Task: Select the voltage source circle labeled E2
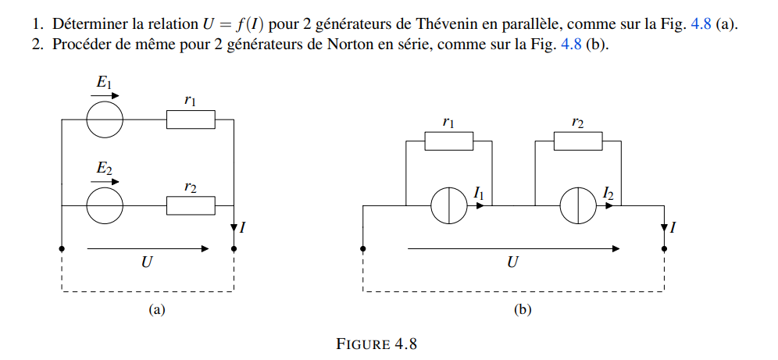tap(104, 205)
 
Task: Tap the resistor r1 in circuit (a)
tap(191, 119)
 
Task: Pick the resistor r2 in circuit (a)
tap(191, 205)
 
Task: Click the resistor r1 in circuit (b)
tap(448, 141)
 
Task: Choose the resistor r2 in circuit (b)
tap(578, 141)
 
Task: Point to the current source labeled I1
tap(449, 206)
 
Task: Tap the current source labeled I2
tap(579, 206)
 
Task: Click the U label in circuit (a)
tap(146, 263)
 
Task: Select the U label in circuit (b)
tap(512, 263)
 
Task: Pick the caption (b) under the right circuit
tap(523, 310)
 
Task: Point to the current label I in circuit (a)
tap(244, 228)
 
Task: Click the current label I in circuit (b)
tap(674, 228)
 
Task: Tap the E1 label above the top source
tap(104, 82)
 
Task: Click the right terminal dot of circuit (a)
tap(234, 249)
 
